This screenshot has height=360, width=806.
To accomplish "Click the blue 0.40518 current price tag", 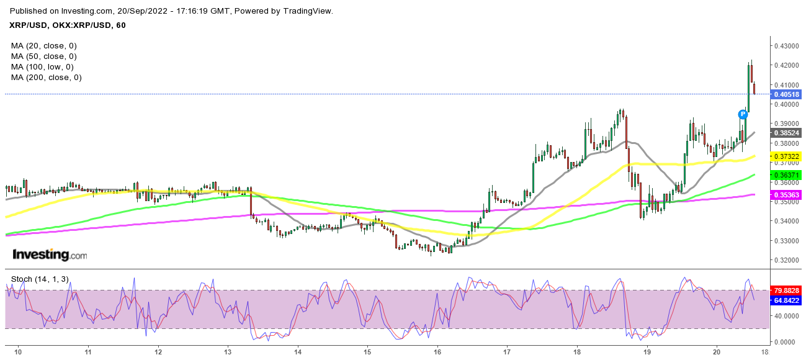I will click(786, 94).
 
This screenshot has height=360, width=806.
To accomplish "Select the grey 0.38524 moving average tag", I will click(786, 133).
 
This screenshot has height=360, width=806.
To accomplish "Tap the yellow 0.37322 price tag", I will click(786, 156).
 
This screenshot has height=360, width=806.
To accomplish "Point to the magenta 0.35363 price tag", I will click(786, 195).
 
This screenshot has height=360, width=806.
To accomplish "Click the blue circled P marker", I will click(742, 114).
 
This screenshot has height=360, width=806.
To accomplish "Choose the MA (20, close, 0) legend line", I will click(43, 46).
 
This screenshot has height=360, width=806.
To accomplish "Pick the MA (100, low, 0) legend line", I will click(42, 67).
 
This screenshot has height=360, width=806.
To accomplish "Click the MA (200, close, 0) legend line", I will click(46, 78).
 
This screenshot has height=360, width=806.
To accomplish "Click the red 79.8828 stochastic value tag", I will click(786, 290).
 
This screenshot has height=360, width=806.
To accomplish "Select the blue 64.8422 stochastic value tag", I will click(786, 300).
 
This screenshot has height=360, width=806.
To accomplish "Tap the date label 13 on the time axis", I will click(228, 351).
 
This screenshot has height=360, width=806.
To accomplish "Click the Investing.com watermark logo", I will click(50, 255).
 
